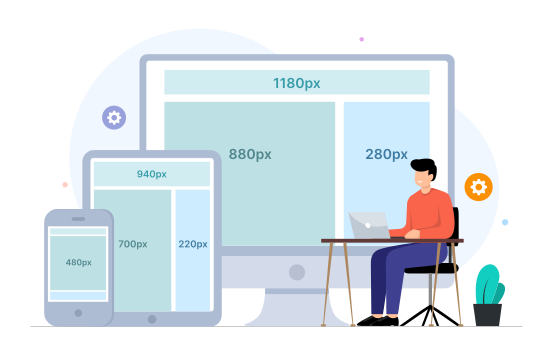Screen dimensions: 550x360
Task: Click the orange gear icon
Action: (478, 187)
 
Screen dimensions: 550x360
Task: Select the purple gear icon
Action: (114, 118)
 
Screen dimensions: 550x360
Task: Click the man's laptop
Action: (368, 225)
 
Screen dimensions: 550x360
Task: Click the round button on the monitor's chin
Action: (296, 271)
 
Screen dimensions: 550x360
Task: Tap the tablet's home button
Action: (152, 319)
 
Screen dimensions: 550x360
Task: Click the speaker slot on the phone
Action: (78, 219)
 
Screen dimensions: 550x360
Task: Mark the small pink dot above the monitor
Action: (361, 39)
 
